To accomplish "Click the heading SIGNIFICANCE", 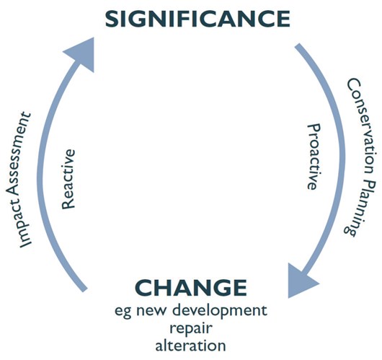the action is click(x=197, y=19).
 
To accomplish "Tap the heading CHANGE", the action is click(x=191, y=288).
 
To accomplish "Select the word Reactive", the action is click(x=68, y=179).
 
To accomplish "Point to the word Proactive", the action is click(x=314, y=157).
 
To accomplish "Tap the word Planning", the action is click(x=360, y=207).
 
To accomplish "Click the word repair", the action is click(x=191, y=329).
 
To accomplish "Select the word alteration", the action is click(x=190, y=346).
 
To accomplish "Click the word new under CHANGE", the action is click(x=153, y=312).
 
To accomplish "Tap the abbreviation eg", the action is click(x=124, y=313).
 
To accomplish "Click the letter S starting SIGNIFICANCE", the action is click(x=112, y=19).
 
